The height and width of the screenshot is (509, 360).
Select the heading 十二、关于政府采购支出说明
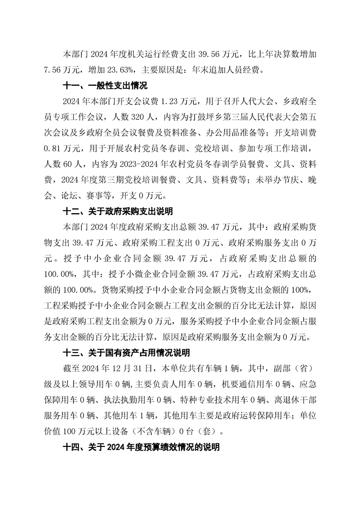click(x=117, y=211)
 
